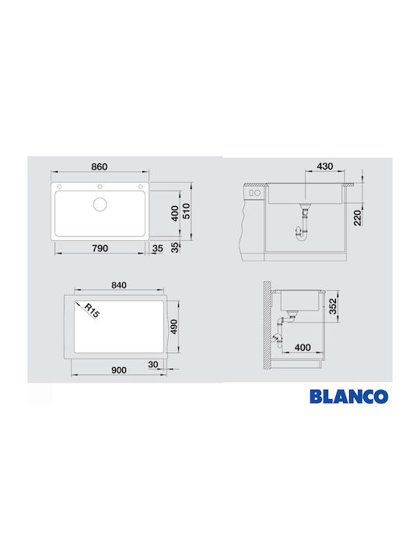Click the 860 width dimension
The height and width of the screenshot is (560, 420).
[100, 167]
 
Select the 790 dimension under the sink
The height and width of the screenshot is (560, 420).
[100, 248]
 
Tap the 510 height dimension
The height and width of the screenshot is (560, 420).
[186, 210]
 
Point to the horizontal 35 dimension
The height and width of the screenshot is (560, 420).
[158, 248]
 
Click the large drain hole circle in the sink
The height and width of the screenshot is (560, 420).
[100, 205]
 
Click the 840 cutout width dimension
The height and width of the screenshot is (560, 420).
[119, 285]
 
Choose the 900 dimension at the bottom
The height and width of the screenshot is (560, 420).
[119, 371]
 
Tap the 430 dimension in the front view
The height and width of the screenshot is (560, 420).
[326, 167]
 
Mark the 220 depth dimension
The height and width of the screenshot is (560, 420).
[357, 218]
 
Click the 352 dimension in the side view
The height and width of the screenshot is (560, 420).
[334, 305]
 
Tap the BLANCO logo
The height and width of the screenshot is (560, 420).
[348, 396]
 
